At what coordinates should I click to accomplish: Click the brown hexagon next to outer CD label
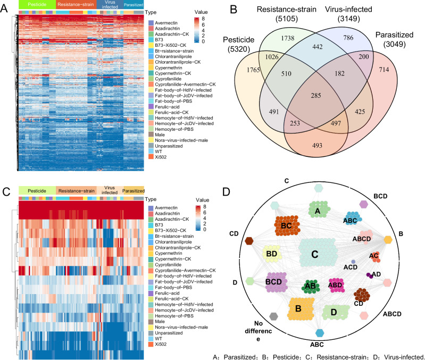249,241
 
